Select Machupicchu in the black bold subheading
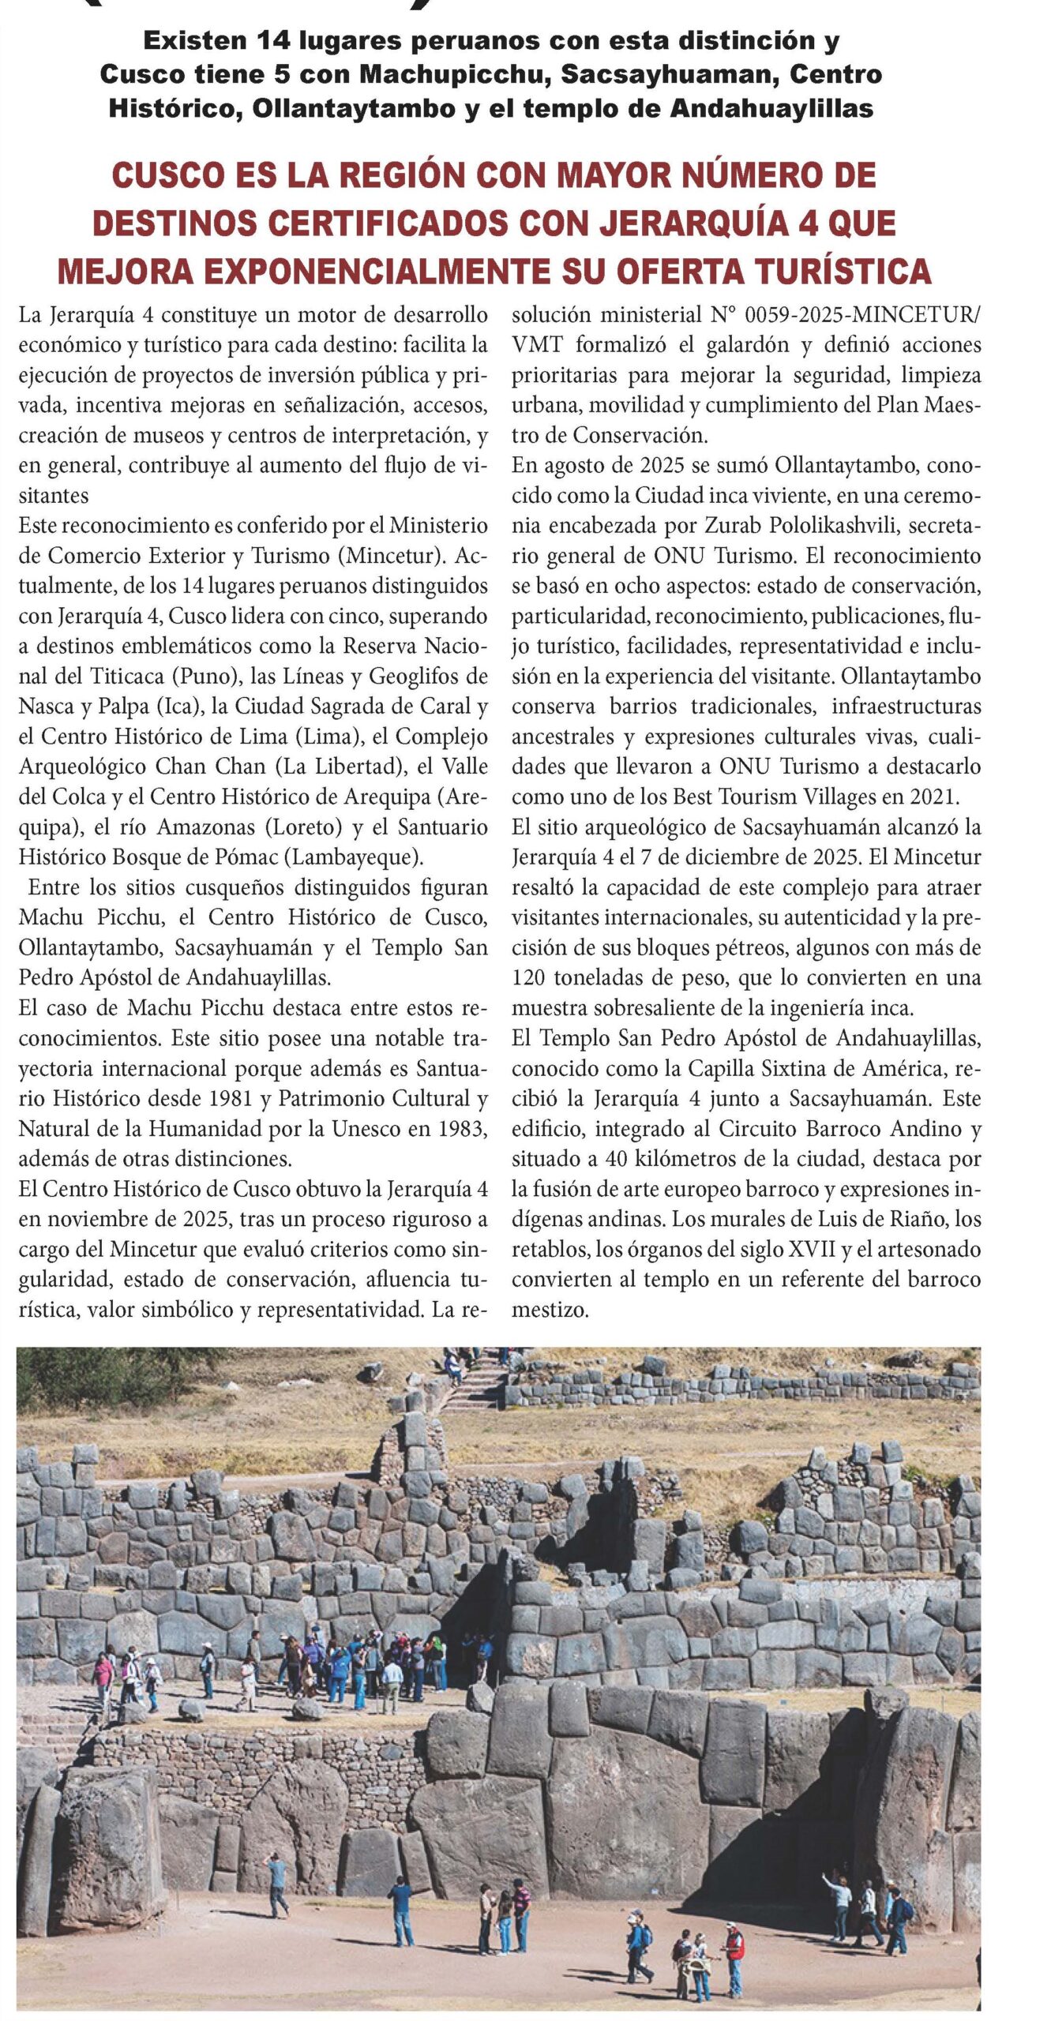point(434,74)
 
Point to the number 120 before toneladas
point(528,978)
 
